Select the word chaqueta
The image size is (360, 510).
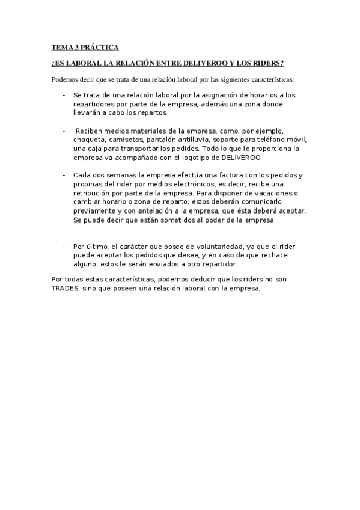point(89,140)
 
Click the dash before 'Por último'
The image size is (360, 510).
point(64,247)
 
